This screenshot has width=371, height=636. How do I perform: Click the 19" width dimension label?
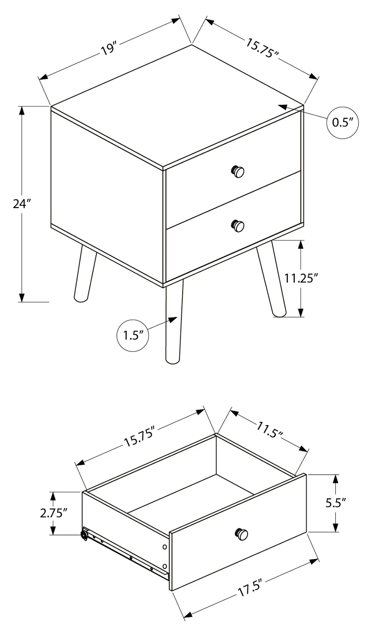point(109,49)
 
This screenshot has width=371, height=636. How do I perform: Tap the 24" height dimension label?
point(22,204)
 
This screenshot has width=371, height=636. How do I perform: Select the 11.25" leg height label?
point(301,278)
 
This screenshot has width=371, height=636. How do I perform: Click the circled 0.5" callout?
point(343,123)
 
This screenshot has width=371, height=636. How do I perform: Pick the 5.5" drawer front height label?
point(335,502)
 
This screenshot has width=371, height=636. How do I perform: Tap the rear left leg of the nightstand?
point(85,273)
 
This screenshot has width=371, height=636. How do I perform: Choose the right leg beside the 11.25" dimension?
point(271,278)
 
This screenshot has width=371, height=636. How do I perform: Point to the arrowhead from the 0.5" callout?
point(284,108)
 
